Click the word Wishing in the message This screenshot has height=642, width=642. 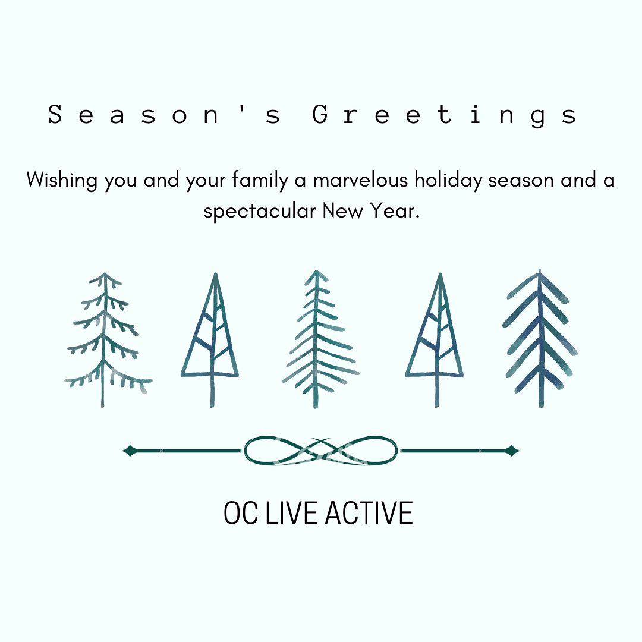(x=62, y=181)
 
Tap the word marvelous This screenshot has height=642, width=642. (x=361, y=180)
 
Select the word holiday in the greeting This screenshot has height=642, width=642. (x=448, y=181)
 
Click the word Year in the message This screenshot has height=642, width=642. (x=395, y=211)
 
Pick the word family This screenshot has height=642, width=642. (x=260, y=181)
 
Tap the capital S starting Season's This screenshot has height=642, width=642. (x=55, y=114)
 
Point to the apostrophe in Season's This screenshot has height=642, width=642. (x=242, y=109)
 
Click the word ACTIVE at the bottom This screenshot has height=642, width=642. (x=369, y=512)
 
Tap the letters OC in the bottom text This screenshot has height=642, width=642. (x=241, y=512)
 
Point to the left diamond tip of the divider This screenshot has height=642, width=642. (x=123, y=451)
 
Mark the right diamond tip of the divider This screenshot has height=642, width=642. (x=519, y=451)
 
